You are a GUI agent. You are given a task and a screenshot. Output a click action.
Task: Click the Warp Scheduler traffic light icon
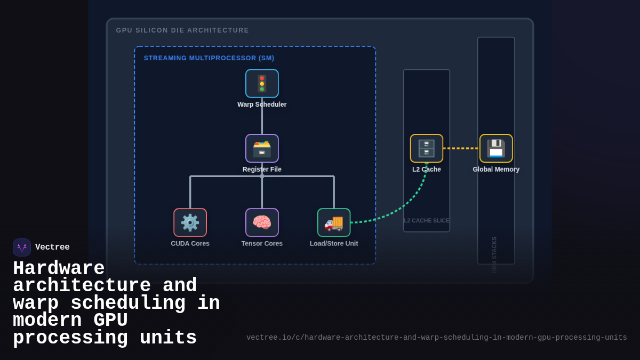262,84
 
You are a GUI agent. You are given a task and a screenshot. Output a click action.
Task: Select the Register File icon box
262,148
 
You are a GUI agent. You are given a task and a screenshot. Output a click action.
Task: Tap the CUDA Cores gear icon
190,222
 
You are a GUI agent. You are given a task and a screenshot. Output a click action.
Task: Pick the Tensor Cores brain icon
262,222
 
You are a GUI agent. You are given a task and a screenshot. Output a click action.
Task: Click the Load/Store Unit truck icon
334,222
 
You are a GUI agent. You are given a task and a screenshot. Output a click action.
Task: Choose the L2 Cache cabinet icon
427,148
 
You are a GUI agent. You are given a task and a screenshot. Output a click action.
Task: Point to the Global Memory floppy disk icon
496,148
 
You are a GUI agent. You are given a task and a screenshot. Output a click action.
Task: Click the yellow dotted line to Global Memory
461,148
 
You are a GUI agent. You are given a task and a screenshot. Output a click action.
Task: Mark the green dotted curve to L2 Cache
405,203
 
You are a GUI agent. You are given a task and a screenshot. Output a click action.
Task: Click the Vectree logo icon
22,247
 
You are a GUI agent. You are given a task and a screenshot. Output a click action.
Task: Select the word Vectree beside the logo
52,247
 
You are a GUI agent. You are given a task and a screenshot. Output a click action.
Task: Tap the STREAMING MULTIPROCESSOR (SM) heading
209,58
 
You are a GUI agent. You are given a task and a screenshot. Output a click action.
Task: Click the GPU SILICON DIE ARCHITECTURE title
182,30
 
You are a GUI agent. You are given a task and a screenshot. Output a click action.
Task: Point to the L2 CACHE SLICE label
427,221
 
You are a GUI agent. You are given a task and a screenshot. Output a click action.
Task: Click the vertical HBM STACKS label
494,254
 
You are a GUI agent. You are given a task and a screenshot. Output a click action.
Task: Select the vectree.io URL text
436,338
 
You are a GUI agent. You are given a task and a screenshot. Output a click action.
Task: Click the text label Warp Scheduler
262,105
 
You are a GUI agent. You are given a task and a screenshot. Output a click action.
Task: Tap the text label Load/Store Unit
334,244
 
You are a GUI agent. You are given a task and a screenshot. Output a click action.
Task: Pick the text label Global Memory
496,170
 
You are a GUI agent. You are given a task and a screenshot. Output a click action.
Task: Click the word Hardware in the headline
59,268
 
